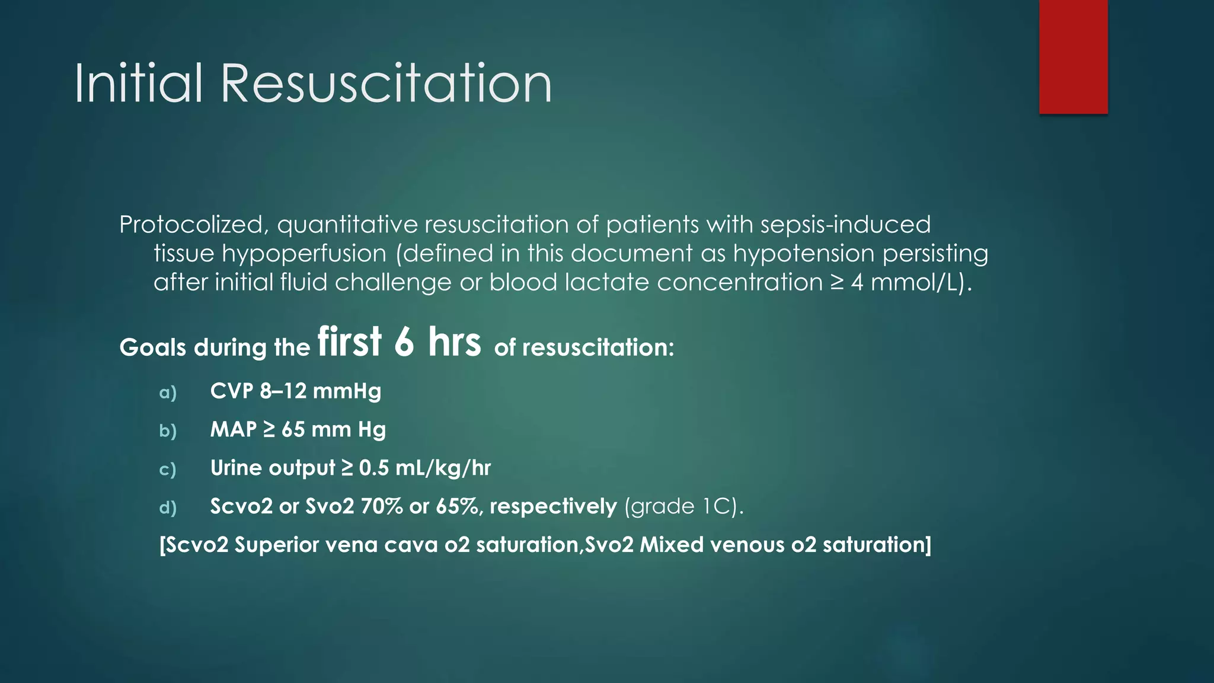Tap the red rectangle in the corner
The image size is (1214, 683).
pos(1073,56)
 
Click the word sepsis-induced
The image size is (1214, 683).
pos(845,225)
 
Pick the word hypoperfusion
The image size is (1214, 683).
pos(303,254)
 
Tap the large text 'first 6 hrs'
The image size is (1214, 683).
pos(399,342)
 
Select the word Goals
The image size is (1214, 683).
pos(153,347)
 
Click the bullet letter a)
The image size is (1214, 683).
pos(168,392)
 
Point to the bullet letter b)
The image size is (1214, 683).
pos(168,430)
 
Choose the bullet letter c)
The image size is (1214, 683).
pos(168,469)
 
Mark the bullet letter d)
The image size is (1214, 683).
pos(168,508)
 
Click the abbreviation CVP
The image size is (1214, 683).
pos(231,391)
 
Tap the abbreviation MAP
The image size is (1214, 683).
pos(234,429)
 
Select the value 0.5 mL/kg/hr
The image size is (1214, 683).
pos(424,468)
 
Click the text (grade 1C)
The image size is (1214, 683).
pos(683,506)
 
